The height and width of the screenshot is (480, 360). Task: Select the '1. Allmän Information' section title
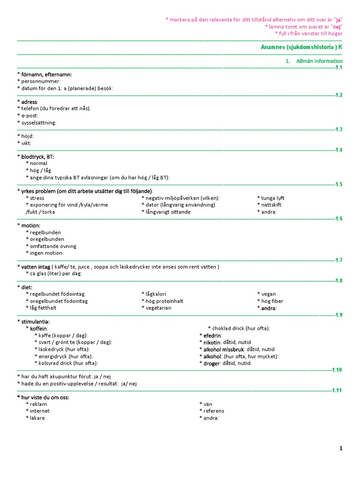(x=314, y=61)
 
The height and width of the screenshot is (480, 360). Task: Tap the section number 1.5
(x=339, y=184)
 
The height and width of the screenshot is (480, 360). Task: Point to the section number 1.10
(x=337, y=370)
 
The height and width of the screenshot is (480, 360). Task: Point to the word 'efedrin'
(x=212, y=336)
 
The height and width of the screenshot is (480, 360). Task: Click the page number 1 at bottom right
(x=341, y=449)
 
